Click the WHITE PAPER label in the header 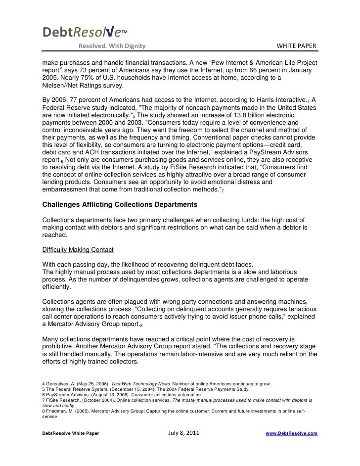(x=296, y=47)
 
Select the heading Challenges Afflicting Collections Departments (x=120, y=204)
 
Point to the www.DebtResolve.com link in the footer (x=292, y=433)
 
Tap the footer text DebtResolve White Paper (x=70, y=433)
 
